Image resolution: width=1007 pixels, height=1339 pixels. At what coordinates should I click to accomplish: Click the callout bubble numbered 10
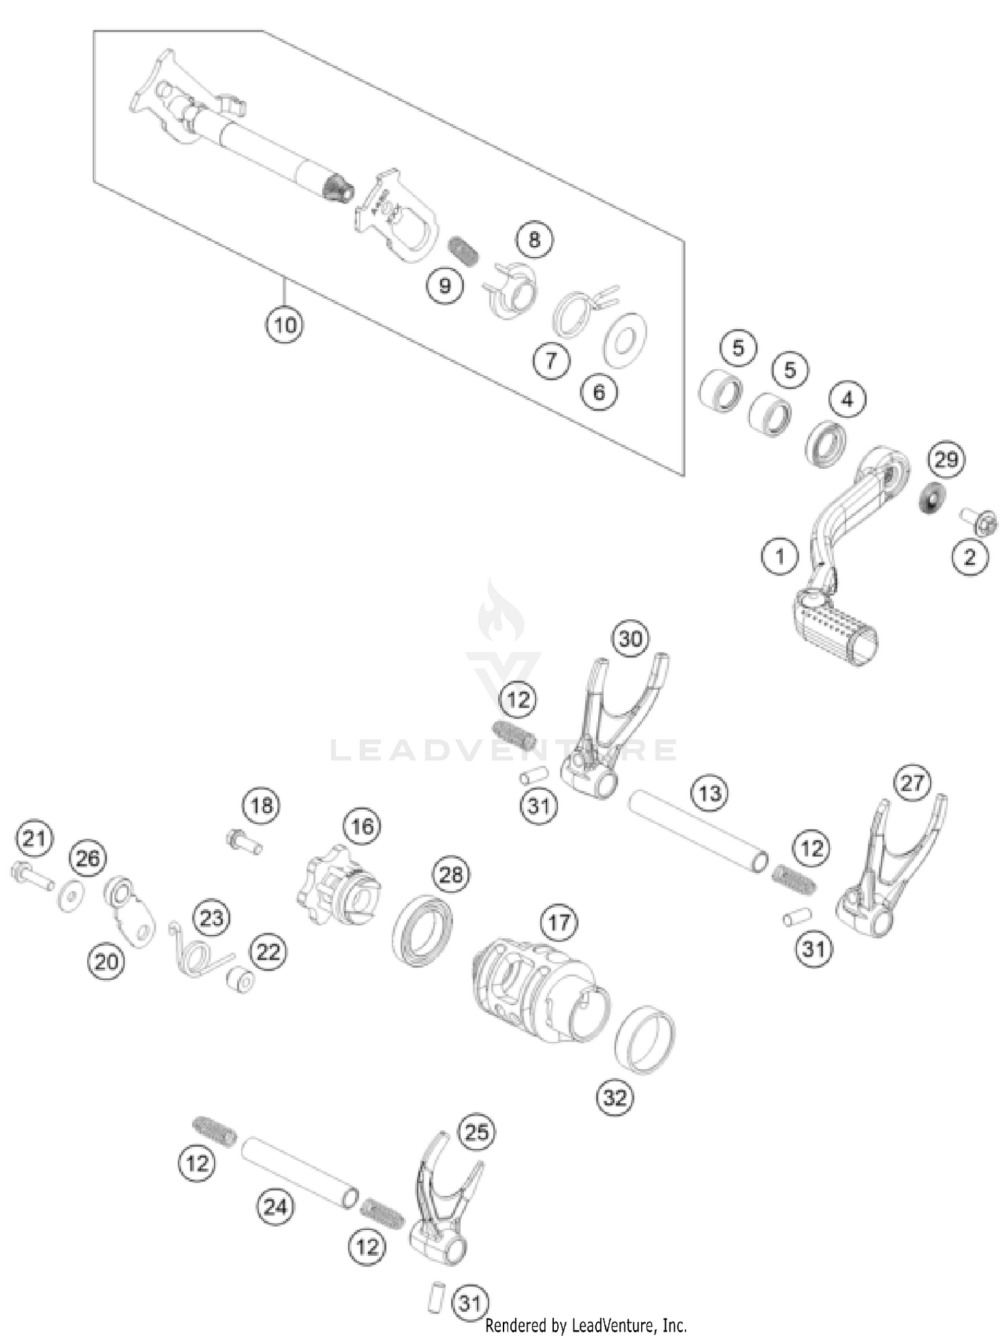tap(284, 325)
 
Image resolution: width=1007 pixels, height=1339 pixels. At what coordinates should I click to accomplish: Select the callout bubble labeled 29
tap(946, 460)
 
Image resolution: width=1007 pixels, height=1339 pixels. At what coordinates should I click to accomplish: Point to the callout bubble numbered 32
tap(615, 1098)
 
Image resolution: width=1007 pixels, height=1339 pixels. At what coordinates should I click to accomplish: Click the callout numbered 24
tap(275, 1207)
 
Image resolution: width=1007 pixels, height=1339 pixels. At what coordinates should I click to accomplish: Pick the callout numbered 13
tap(710, 793)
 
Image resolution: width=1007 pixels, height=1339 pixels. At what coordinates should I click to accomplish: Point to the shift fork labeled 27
tap(886, 873)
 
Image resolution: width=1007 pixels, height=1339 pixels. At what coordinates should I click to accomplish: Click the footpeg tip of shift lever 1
tap(836, 628)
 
